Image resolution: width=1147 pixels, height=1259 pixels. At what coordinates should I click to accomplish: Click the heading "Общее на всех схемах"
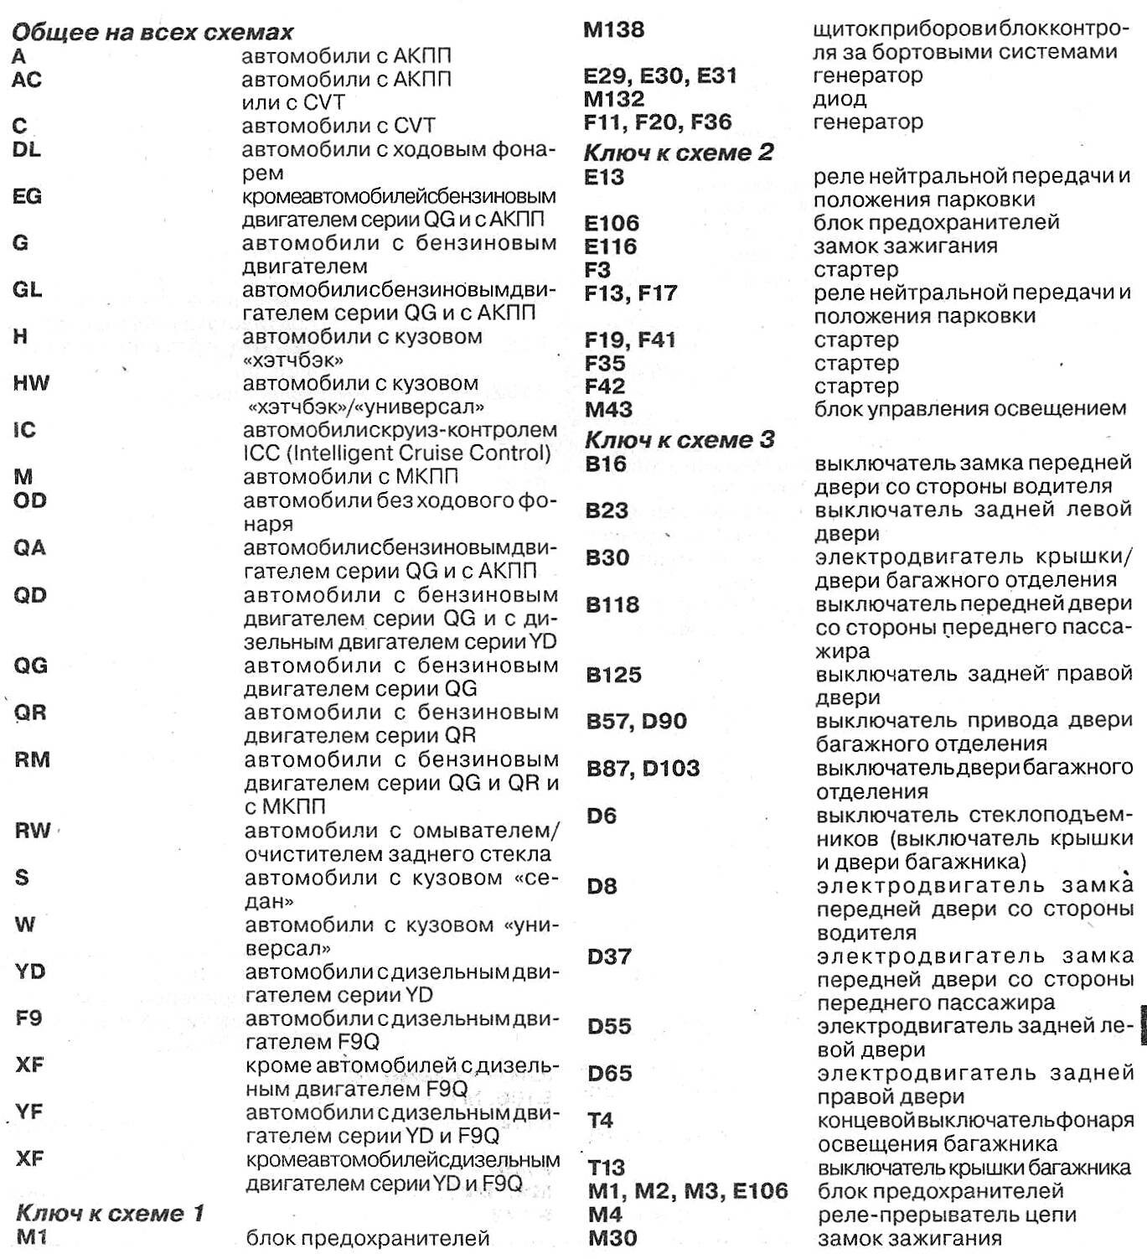(x=152, y=33)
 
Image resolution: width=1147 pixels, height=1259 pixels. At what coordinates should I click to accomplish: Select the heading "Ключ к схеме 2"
(x=678, y=153)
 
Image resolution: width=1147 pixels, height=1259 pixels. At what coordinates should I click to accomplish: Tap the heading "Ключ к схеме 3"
(x=679, y=439)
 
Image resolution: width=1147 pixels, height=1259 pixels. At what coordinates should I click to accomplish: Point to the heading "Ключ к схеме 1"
(x=110, y=1213)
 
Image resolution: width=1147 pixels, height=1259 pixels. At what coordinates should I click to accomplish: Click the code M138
(x=613, y=30)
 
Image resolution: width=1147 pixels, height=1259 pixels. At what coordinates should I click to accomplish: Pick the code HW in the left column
(x=31, y=384)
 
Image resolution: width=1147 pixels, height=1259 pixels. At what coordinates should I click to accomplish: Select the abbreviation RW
(x=33, y=831)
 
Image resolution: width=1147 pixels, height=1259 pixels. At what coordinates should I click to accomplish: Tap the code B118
(x=612, y=604)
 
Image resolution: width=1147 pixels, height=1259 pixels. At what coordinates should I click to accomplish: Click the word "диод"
(x=840, y=99)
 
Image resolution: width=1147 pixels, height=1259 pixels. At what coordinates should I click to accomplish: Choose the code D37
(x=609, y=956)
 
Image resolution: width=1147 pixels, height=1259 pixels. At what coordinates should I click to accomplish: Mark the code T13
(x=607, y=1167)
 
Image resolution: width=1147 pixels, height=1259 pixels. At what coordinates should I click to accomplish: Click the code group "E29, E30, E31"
(x=660, y=75)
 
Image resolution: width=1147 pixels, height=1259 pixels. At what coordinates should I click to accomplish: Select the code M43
(x=608, y=410)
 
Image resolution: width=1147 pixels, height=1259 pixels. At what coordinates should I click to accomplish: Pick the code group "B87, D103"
(x=643, y=768)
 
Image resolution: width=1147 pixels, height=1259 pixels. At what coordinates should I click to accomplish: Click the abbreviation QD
(x=30, y=595)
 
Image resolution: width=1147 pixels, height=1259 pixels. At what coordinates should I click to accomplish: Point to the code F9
(x=28, y=1018)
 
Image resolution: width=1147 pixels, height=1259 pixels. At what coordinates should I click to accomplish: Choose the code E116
(x=611, y=246)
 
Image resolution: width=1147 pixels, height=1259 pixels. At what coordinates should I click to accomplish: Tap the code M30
(x=612, y=1238)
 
